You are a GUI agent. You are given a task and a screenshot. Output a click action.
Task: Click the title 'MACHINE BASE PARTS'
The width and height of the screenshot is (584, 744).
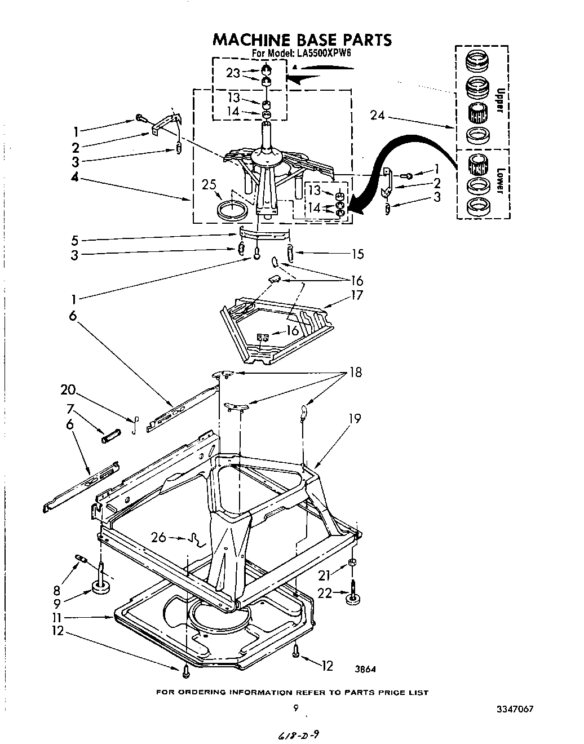click(x=301, y=39)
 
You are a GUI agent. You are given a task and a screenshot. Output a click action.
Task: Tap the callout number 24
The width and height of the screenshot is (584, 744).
click(x=378, y=116)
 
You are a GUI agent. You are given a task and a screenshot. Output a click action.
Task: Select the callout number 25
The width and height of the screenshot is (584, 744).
click(x=209, y=185)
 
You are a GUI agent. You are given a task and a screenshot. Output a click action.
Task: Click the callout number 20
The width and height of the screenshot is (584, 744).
click(x=68, y=390)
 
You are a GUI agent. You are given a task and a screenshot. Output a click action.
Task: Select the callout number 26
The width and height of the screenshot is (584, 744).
click(x=159, y=538)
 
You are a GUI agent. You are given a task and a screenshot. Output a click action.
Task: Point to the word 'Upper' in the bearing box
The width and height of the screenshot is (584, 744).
click(x=499, y=101)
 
